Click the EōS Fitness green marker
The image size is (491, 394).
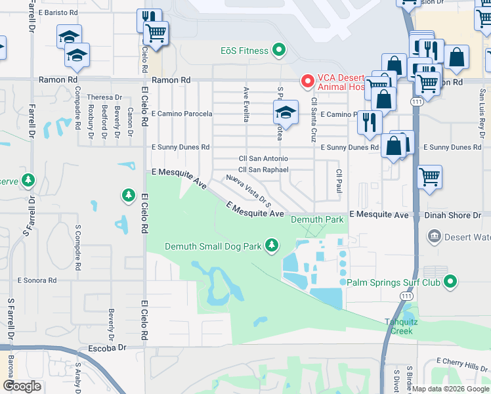tap(279, 51)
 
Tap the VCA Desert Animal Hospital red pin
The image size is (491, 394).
tap(307, 81)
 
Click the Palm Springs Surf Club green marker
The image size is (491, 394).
tap(450, 282)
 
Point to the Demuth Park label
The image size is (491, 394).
tap(318, 219)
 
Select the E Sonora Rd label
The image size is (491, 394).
tap(37, 280)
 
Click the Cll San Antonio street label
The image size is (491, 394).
tap(263, 158)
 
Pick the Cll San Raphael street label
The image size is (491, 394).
tap(263, 169)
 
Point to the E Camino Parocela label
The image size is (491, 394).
tap(182, 114)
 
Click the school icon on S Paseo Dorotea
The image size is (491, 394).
tap(286, 112)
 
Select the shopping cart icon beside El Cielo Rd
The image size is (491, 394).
tap(156, 33)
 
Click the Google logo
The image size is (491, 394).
tap(22, 386)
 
